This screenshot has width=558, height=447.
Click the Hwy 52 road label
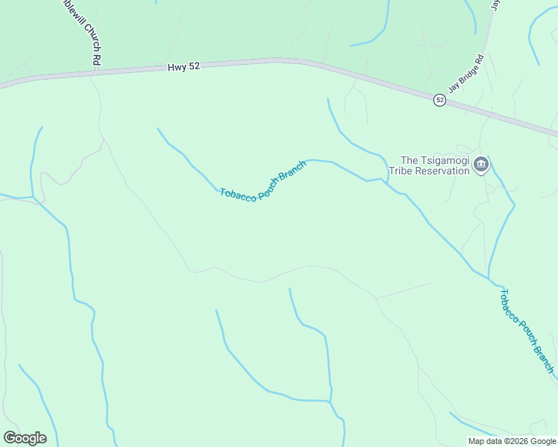[x=184, y=67]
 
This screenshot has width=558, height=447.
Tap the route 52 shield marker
[x=440, y=100]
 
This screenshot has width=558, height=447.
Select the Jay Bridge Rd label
[x=466, y=72]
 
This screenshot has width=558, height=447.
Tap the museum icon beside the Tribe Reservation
[x=481, y=165]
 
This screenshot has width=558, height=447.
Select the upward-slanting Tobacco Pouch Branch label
[x=263, y=182]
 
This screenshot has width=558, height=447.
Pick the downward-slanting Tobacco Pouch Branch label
[x=526, y=331]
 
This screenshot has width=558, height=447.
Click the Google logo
[x=25, y=437]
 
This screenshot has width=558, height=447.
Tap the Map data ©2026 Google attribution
[x=512, y=441]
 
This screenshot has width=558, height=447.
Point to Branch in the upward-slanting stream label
[x=292, y=171]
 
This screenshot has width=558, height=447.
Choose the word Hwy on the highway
[x=176, y=68]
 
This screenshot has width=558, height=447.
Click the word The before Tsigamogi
[x=410, y=159]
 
